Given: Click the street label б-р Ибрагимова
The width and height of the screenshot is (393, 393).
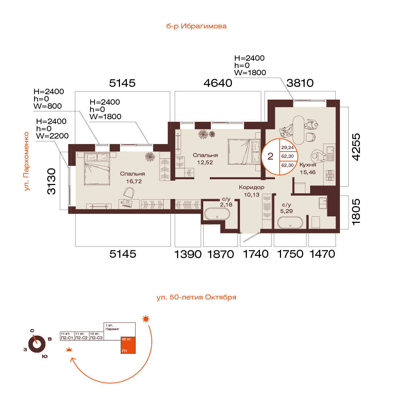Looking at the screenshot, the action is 196,26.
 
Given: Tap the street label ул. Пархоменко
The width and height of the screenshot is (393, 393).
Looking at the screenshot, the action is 27,161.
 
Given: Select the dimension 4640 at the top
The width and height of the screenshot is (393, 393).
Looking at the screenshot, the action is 218,83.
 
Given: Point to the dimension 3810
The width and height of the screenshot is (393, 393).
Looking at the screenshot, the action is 300,83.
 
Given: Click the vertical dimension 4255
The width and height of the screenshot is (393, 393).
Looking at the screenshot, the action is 356,147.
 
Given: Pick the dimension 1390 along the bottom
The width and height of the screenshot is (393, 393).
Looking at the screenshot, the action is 188,254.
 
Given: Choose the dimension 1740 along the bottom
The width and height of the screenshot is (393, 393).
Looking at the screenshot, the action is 256,254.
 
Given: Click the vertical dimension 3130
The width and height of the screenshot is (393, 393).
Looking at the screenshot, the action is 52,181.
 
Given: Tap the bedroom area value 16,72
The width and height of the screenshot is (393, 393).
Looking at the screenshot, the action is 134,181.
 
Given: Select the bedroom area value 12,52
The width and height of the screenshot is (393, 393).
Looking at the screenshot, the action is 205,163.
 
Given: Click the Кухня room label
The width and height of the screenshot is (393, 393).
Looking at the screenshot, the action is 308,165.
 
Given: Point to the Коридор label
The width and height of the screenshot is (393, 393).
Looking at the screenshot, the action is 251,187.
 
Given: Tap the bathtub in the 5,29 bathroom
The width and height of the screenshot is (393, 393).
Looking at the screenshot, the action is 290,222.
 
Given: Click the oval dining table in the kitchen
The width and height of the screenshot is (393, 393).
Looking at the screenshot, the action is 298,130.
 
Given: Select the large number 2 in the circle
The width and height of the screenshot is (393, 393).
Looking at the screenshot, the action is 270,156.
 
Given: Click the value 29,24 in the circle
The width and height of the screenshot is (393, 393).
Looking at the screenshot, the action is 288,148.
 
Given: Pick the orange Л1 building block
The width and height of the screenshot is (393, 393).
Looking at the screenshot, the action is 128,345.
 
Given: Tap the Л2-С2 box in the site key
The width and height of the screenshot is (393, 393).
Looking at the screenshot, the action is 81,336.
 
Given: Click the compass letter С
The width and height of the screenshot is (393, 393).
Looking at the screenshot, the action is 32,331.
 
